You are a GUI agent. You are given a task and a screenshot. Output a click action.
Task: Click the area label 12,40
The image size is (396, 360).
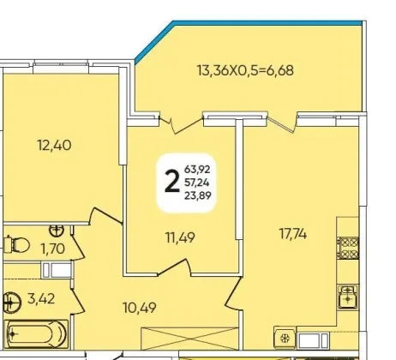point(54,145)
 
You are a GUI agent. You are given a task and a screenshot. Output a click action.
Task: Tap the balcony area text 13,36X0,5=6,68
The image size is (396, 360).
point(245,70)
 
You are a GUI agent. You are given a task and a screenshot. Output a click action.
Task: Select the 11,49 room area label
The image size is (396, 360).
point(181,237)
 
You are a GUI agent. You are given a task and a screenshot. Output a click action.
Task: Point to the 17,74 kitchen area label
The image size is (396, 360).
point(293,234)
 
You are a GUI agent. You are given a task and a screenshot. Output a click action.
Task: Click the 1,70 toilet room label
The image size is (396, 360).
point(53,249)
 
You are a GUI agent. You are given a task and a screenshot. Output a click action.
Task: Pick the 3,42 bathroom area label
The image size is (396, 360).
point(41,299)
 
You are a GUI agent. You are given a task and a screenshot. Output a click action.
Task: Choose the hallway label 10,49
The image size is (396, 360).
point(140,308)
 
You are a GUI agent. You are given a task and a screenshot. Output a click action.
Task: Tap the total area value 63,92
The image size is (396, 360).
point(197,169)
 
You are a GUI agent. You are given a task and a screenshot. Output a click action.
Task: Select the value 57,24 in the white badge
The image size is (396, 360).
point(197,182)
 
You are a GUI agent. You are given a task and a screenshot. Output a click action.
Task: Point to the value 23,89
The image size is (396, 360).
point(198,195)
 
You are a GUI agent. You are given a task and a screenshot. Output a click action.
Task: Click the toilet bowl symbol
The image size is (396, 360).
point(17,245)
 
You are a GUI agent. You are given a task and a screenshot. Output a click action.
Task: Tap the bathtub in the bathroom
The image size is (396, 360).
point(37,333)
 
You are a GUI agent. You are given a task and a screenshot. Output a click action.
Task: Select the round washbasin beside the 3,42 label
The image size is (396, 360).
point(12,302)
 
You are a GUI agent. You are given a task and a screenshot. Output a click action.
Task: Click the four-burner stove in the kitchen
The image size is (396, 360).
point(348,248)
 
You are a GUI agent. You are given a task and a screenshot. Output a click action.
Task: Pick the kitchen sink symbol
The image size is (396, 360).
point(348,297)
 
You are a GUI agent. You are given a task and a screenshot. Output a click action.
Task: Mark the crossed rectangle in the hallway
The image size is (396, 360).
point(189,339)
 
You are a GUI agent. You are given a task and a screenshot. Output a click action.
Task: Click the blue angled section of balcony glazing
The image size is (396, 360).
point(153,42)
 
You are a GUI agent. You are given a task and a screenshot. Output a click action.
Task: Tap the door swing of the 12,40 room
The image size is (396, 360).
point(105,216)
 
